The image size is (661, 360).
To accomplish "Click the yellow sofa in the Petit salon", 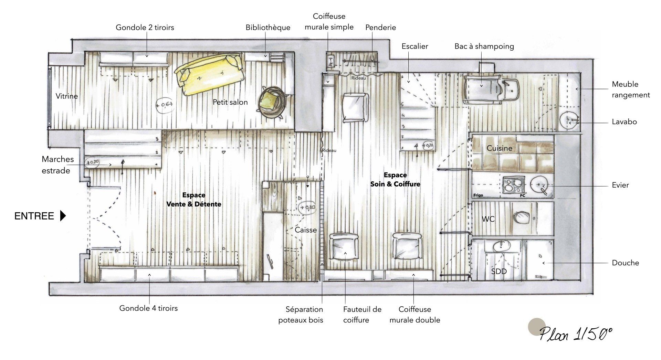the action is click(x=210, y=75).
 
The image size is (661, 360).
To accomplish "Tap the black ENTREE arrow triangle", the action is click(x=63, y=216).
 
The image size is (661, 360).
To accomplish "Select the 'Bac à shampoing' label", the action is click(x=484, y=46).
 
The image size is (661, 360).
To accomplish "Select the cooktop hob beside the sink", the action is click(x=513, y=186).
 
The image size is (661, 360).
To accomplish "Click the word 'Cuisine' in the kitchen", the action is click(x=500, y=148).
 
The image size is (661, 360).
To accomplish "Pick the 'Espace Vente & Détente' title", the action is click(x=194, y=200).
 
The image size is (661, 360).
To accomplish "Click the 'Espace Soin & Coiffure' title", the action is click(x=395, y=180).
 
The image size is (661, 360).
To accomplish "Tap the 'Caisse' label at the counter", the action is click(x=306, y=230).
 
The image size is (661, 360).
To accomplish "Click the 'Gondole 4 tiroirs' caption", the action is click(x=149, y=308).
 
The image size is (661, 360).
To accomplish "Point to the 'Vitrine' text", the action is click(x=67, y=96).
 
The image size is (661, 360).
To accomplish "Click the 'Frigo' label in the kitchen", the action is click(x=478, y=195).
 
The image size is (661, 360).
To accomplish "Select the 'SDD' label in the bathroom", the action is click(x=499, y=271).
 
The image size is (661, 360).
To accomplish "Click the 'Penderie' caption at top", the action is click(x=381, y=28).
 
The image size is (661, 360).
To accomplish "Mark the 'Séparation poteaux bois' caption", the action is click(x=301, y=315).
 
